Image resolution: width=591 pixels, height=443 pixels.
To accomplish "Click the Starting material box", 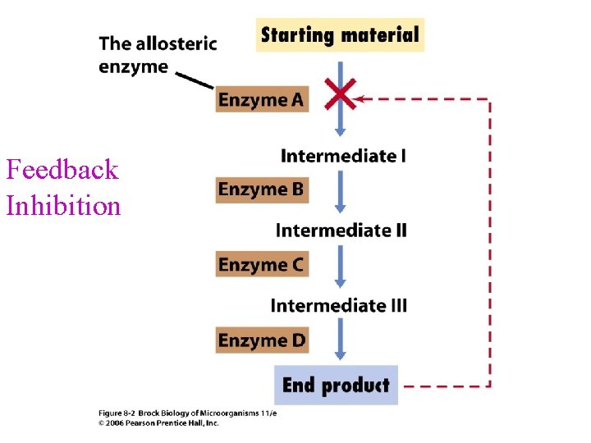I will [x=340, y=35].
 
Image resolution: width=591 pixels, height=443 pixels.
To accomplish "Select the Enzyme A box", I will [x=262, y=99].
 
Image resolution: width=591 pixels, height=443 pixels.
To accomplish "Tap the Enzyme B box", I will [x=262, y=190].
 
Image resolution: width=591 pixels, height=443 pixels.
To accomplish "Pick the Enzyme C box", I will [x=262, y=264].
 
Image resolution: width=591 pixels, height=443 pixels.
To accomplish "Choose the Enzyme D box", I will [x=262, y=340].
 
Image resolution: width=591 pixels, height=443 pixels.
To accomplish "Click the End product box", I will [x=336, y=385].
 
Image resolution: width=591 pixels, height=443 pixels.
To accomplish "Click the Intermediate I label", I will [x=343, y=156].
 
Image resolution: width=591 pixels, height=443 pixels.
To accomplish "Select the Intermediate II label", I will [x=341, y=231].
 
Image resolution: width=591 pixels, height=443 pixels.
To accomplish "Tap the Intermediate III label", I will [x=338, y=306].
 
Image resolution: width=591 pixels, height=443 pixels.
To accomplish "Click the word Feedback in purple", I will [x=62, y=170].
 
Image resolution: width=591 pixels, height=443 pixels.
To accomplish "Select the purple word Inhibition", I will [x=63, y=205].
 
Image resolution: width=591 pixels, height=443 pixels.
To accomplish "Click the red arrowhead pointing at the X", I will [x=364, y=99].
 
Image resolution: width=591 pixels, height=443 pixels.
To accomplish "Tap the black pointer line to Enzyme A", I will [x=195, y=80].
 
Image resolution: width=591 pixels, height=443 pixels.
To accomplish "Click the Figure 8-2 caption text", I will [x=188, y=413].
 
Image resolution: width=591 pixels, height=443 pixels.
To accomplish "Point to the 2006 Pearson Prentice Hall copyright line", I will [x=158, y=423].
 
